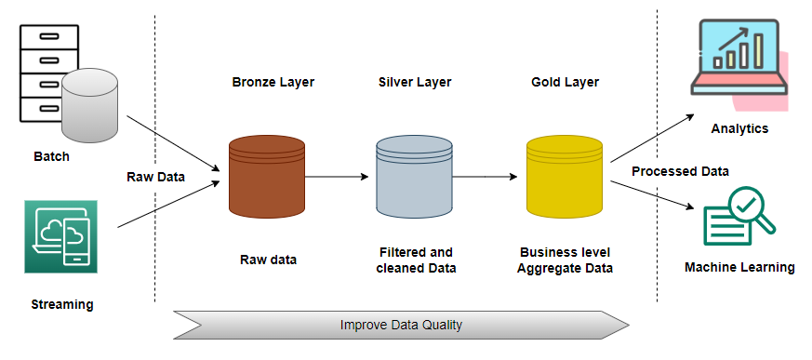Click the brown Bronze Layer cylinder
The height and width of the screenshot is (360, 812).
click(267, 176)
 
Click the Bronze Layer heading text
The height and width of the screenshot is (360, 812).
click(273, 82)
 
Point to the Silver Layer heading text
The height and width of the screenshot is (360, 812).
click(415, 82)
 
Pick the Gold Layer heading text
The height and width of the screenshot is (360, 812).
click(565, 82)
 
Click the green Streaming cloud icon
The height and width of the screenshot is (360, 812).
click(60, 236)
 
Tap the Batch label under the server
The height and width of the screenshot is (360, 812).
click(51, 156)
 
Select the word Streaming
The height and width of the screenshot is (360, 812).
click(62, 304)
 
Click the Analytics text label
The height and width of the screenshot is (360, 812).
click(739, 128)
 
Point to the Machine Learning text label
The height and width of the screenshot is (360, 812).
click(739, 267)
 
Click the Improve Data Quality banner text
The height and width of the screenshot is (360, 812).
click(401, 326)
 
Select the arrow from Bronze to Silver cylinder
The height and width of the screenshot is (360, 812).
click(339, 176)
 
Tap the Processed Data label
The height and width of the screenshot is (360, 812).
click(680, 171)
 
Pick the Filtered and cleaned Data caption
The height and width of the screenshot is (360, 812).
click(415, 260)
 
